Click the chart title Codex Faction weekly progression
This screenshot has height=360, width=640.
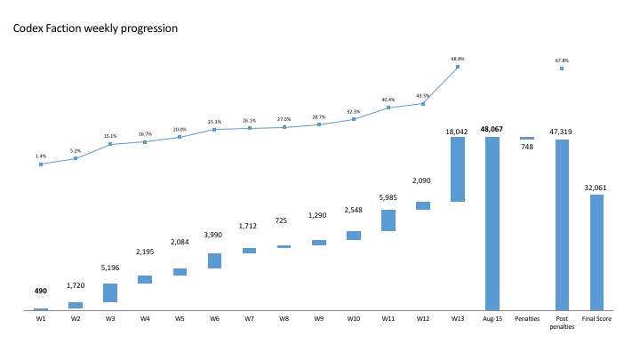95,28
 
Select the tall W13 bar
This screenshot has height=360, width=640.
458,169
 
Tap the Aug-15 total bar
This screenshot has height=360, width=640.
492,222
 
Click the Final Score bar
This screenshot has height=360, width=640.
596,252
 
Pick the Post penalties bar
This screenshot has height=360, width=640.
562,224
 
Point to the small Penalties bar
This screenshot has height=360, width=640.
527,138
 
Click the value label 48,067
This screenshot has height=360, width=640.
492,129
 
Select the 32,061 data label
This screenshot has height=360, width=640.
596,188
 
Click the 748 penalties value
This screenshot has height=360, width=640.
527,148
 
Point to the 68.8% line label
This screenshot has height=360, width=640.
458,59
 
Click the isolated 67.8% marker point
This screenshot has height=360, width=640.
562,68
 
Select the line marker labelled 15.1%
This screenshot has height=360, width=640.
110,144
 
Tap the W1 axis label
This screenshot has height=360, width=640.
41,318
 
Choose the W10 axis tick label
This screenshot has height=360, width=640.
353,318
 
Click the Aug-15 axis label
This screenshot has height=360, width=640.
492,318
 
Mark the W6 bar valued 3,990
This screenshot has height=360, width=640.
214,260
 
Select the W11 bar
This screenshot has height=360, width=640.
388,220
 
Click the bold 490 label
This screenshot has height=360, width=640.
41,291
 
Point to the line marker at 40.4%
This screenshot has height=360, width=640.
388,108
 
